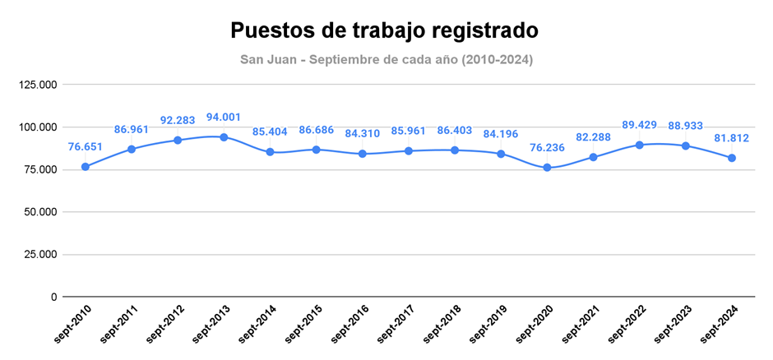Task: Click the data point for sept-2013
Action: point(224,137)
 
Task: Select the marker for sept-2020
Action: point(546,168)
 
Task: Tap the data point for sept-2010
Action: point(86,167)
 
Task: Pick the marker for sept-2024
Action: point(731,158)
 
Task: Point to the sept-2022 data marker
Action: point(639,145)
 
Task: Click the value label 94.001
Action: point(224,117)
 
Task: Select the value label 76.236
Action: point(546,147)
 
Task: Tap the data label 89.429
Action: point(639,124)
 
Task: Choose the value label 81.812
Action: point(731,137)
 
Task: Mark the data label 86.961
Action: point(132,129)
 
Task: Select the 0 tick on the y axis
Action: point(53,297)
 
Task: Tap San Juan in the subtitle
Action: point(269,60)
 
